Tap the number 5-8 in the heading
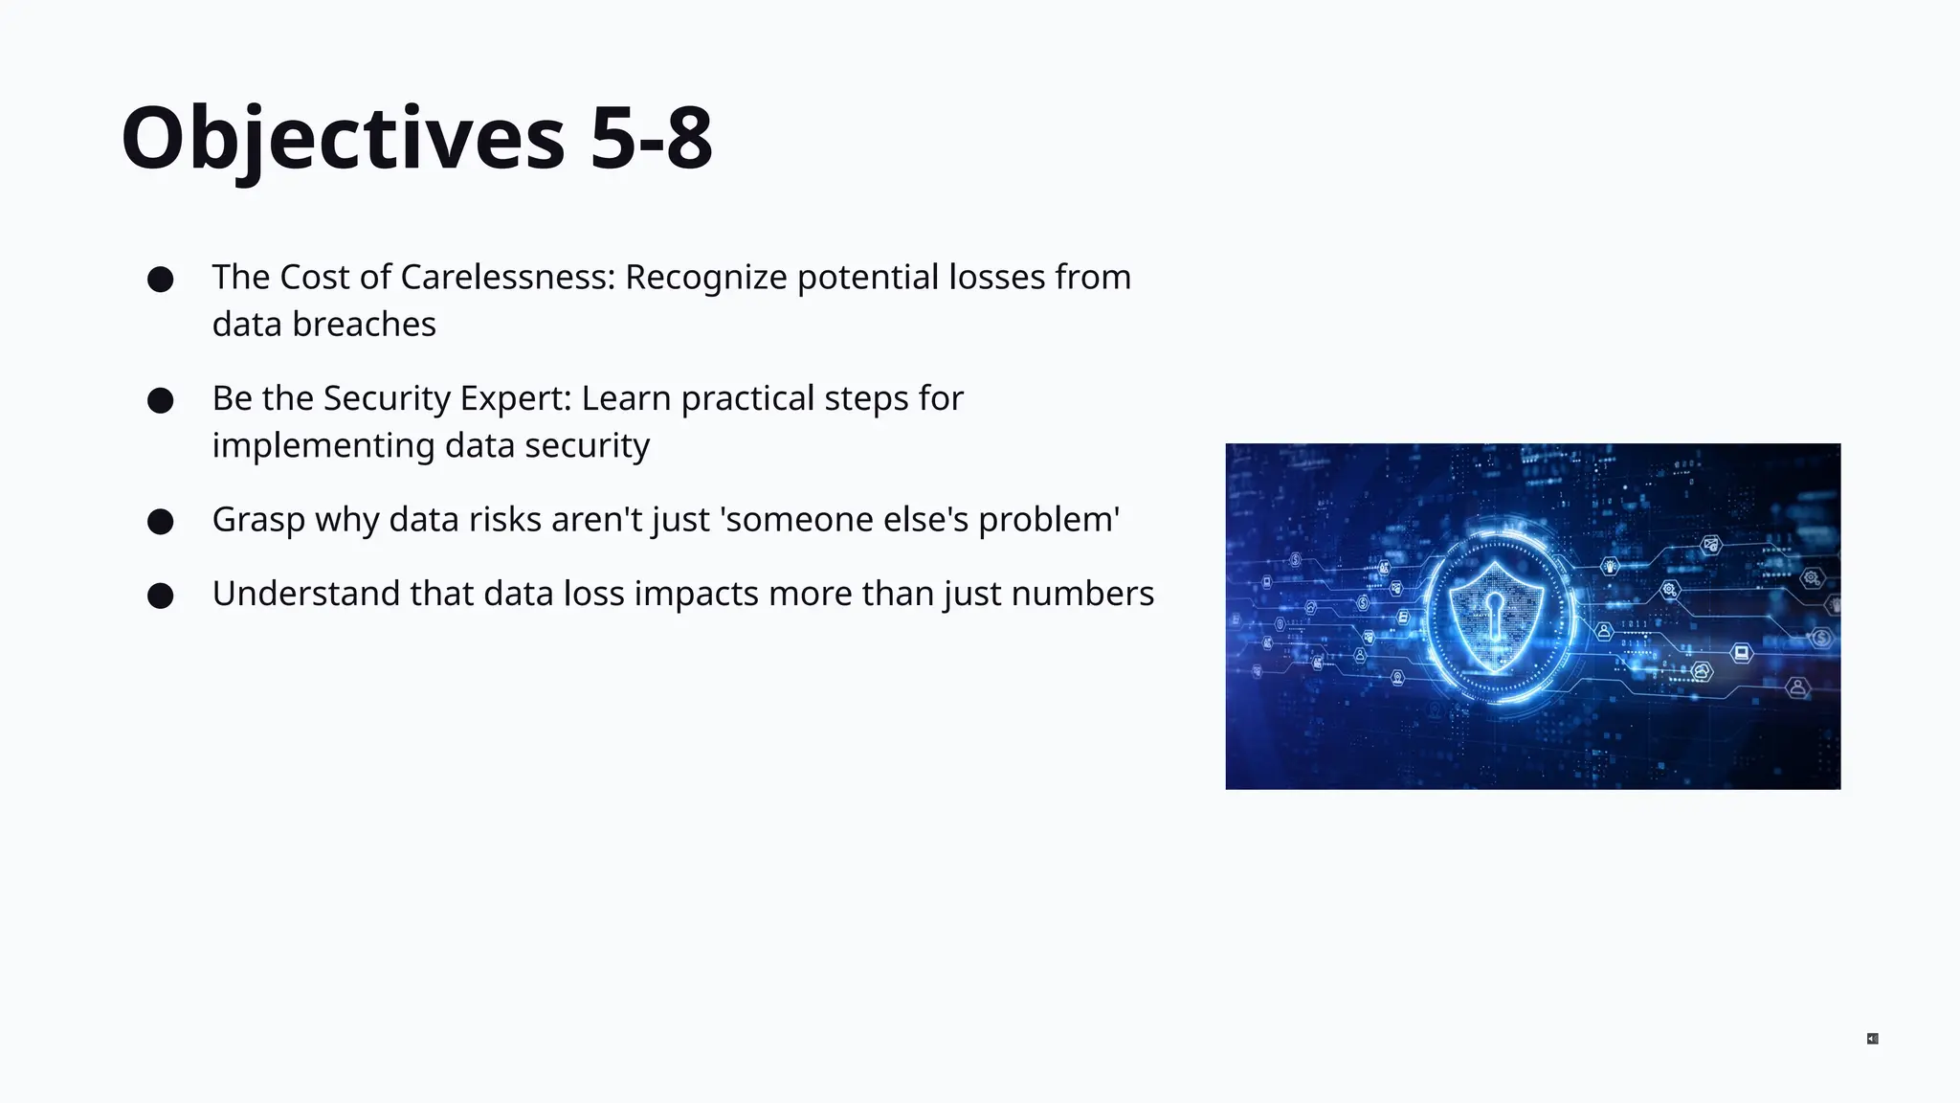(x=651, y=139)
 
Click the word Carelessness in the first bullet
(x=507, y=277)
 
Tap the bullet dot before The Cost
(x=161, y=280)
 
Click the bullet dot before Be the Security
(x=161, y=400)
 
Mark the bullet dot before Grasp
(x=161, y=522)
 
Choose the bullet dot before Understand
(x=161, y=596)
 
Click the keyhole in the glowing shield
(x=1494, y=608)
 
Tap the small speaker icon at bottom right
(x=1873, y=1039)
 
